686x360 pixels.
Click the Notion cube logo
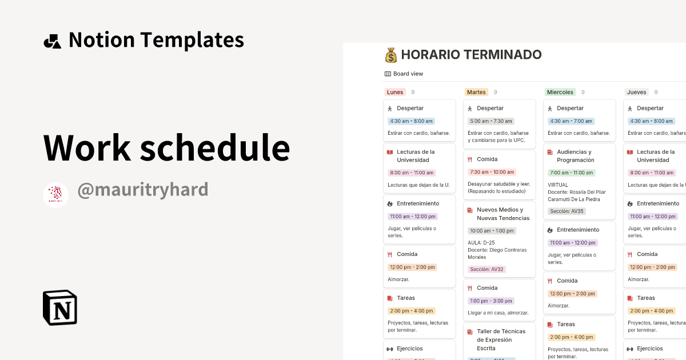[60, 307]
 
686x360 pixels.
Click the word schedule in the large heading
[215, 147]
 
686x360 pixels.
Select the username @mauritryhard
[142, 190]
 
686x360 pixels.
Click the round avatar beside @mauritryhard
[55, 195]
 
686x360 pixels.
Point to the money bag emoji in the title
[391, 55]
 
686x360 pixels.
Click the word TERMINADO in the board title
[503, 55]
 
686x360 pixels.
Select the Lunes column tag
[394, 92]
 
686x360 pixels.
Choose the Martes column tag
[476, 92]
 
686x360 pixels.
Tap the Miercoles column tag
[560, 92]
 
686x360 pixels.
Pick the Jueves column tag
[636, 92]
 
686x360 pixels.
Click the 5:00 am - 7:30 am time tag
[490, 121]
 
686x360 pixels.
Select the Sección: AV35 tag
[567, 211]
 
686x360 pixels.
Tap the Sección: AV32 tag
[486, 269]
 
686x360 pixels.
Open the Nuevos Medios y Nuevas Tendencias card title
[503, 214]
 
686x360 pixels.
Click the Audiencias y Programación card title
[575, 156]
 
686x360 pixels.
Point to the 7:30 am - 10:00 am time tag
[492, 172]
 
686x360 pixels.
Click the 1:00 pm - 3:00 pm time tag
[490, 301]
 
